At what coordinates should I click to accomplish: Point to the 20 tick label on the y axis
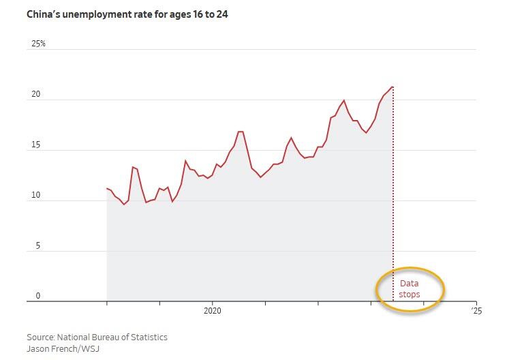pyautogui.click(x=36, y=95)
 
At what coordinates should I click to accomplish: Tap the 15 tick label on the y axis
pyautogui.click(x=36, y=145)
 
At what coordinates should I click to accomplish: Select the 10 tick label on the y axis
pyautogui.click(x=36, y=196)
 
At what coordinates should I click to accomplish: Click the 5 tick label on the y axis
pyautogui.click(x=38, y=246)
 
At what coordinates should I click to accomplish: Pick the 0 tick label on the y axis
pyautogui.click(x=38, y=297)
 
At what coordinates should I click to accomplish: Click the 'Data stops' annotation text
pyautogui.click(x=410, y=289)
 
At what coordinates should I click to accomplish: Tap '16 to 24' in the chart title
pyautogui.click(x=207, y=14)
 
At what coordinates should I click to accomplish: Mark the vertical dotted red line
pyautogui.click(x=393, y=205)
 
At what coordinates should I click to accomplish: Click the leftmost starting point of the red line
pyautogui.click(x=107, y=188)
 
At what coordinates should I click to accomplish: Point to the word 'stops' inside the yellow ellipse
pyautogui.click(x=410, y=295)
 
